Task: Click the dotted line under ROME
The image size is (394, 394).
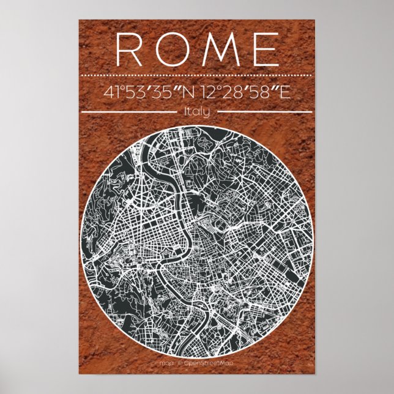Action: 196,75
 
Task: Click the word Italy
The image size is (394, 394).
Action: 196,111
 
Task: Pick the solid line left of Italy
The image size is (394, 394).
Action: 129,112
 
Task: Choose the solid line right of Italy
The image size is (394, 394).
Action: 264,112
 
